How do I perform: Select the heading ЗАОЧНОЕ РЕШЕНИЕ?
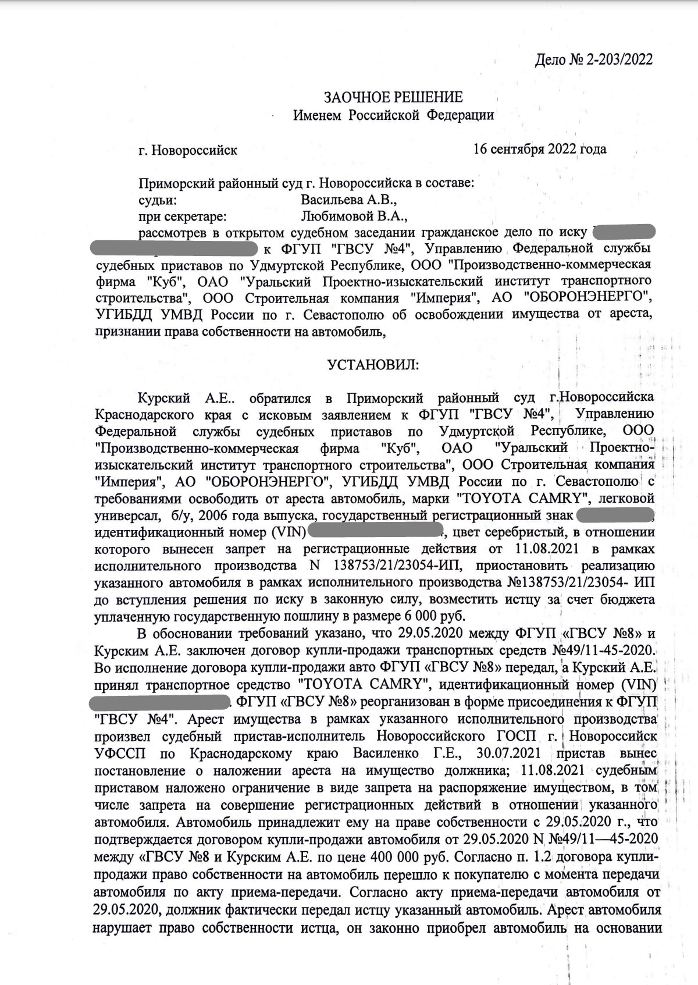coord(393,97)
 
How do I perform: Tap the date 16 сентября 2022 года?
coord(540,149)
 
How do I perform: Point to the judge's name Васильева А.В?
coord(349,200)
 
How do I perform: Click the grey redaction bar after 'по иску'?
coord(624,232)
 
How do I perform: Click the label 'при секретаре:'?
coord(181,216)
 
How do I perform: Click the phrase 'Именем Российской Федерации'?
coord(393,115)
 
